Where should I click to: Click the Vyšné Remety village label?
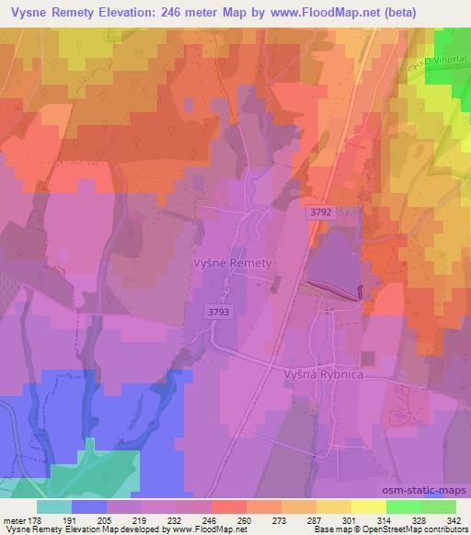tap(233, 263)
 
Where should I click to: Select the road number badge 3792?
tap(319, 212)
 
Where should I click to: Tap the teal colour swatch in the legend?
tap(54, 507)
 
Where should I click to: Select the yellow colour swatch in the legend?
tap(369, 507)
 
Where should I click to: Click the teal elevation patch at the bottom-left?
tap(83, 473)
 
